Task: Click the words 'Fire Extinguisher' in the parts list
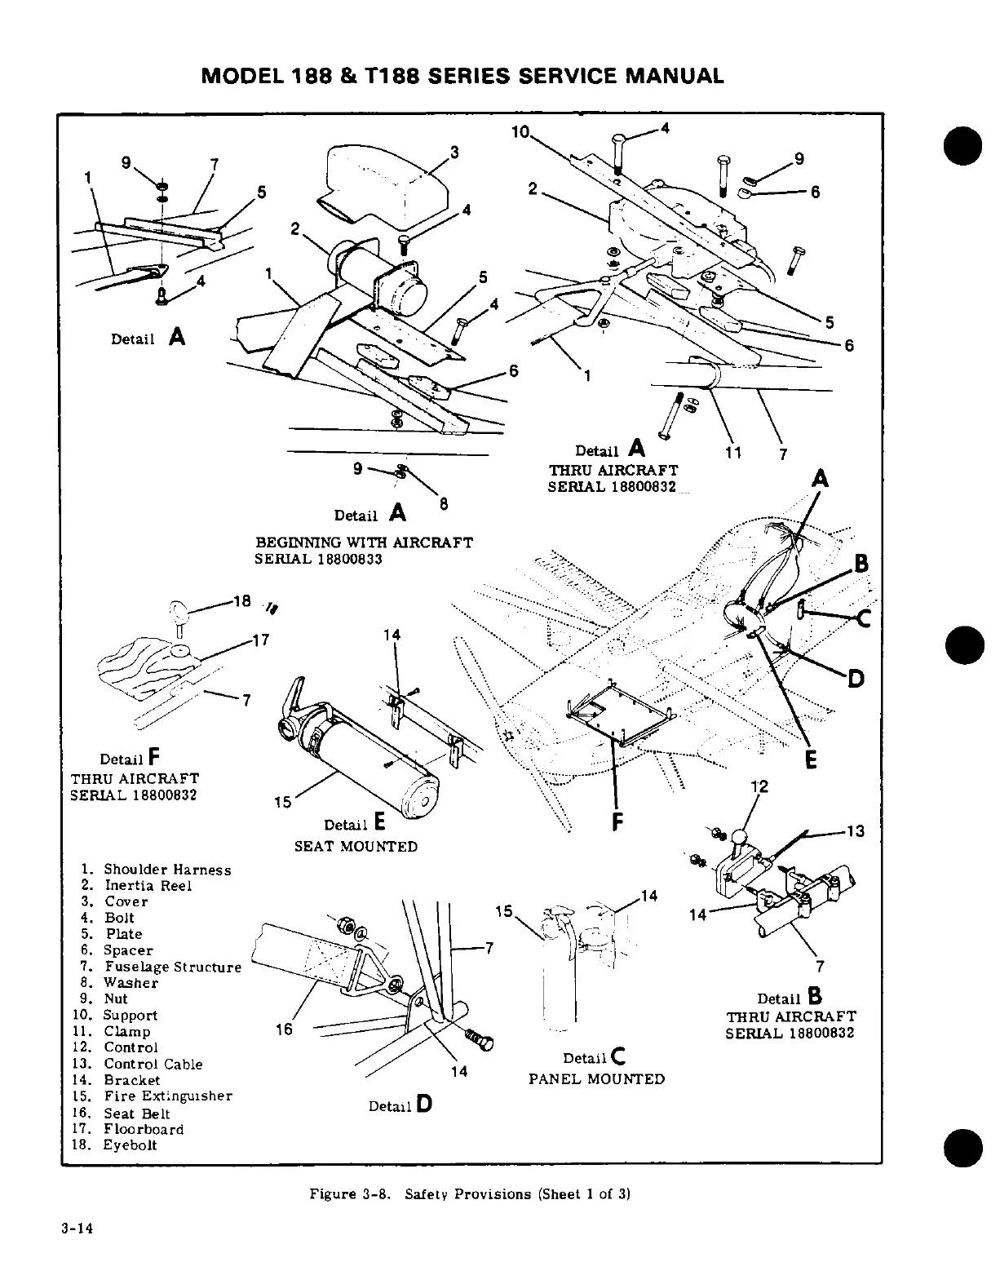click(167, 1096)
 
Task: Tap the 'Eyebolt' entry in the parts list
click(130, 1145)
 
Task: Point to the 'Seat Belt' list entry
click(136, 1114)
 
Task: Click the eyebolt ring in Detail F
click(179, 609)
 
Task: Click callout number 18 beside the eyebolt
click(241, 602)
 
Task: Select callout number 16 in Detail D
click(284, 1029)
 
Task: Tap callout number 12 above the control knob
click(759, 786)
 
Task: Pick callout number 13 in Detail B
click(855, 831)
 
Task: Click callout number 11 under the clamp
click(733, 454)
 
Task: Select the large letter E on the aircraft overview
click(811, 760)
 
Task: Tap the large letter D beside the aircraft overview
click(856, 678)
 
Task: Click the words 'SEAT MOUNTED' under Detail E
click(356, 847)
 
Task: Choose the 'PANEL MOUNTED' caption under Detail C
click(596, 1079)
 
